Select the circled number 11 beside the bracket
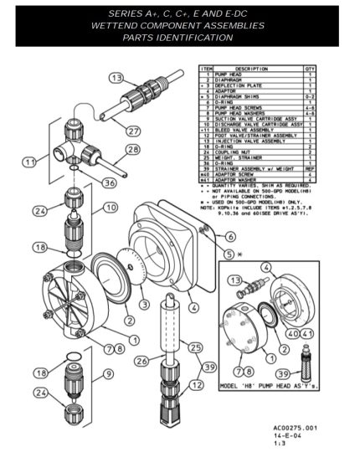[x=30, y=161]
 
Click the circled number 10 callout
[x=110, y=207]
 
